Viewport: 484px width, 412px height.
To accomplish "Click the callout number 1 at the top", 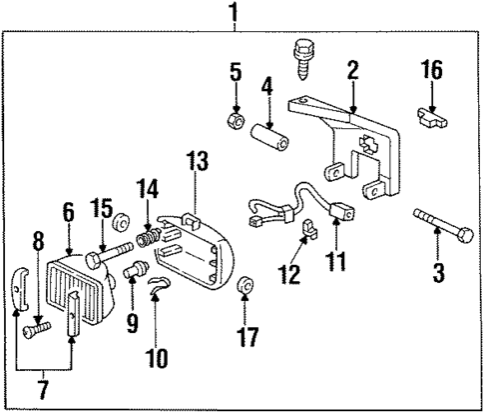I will click(234, 14).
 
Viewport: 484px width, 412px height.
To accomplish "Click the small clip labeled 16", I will click(428, 119).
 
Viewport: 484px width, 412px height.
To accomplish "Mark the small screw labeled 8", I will click(38, 326).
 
